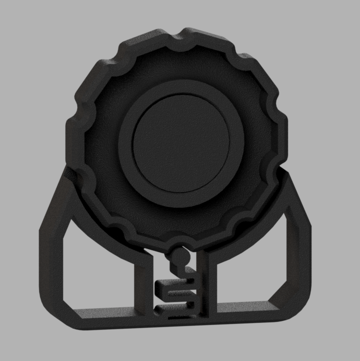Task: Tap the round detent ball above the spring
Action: pyautogui.click(x=180, y=256)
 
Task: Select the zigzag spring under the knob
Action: pyautogui.click(x=180, y=293)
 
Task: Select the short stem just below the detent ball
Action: pyautogui.click(x=181, y=266)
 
